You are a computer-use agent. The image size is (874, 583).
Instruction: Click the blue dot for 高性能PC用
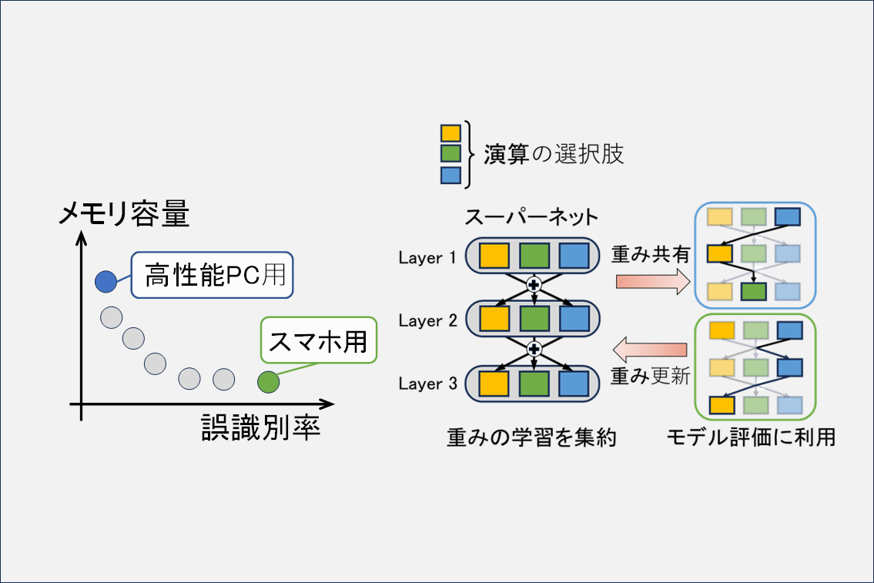106,281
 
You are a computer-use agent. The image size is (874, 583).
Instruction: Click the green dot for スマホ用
268,382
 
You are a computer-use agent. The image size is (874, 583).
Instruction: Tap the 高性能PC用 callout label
212,276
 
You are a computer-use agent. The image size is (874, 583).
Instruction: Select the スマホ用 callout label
318,340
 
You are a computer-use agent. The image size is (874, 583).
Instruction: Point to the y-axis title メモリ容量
124,213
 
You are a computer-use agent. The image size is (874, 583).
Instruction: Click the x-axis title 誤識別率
260,428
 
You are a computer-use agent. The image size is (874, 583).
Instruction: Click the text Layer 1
427,257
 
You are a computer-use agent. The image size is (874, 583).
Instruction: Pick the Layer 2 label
427,320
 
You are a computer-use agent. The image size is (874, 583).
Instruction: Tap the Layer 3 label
427,384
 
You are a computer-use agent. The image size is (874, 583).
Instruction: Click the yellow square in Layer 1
494,256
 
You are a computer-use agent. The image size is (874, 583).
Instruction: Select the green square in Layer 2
534,319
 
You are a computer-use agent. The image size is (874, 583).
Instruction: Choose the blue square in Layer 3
574,384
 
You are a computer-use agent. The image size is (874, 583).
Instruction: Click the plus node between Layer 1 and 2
534,285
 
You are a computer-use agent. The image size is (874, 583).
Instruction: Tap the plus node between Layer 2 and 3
534,349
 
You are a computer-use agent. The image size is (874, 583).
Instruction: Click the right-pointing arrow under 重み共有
653,281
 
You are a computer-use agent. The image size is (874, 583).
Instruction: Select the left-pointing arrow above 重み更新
650,350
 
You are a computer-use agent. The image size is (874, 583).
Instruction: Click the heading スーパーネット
531,217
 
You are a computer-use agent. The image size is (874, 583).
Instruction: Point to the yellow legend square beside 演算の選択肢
450,133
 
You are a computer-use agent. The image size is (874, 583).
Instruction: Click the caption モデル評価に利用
752,437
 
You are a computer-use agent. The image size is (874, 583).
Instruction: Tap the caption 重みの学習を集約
532,437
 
